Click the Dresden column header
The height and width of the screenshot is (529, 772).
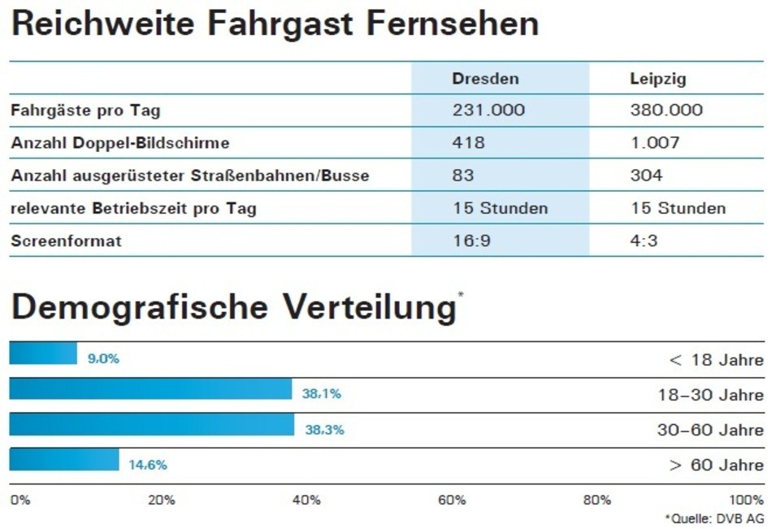pos(485,79)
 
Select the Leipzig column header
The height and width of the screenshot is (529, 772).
pos(657,79)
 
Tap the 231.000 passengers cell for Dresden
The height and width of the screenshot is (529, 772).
pos(488,110)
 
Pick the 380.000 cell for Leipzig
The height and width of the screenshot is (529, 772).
pos(666,110)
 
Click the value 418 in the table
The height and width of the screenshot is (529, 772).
pos(468,143)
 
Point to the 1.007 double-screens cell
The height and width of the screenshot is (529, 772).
pos(654,143)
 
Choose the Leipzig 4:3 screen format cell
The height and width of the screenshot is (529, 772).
pos(644,241)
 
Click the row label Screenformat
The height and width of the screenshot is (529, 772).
pos(66,241)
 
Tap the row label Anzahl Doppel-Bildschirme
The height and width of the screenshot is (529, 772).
pos(120,143)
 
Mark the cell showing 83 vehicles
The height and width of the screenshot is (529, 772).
pos(463,176)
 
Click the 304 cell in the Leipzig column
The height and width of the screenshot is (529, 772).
pos(646,176)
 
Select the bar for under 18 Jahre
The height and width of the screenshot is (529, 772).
pos(43,353)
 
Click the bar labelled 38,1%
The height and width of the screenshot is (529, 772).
pos(150,389)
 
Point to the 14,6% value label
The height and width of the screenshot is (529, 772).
pos(147,465)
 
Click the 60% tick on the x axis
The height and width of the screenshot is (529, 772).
pos(451,500)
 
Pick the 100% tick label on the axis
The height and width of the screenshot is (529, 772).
pos(746,500)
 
